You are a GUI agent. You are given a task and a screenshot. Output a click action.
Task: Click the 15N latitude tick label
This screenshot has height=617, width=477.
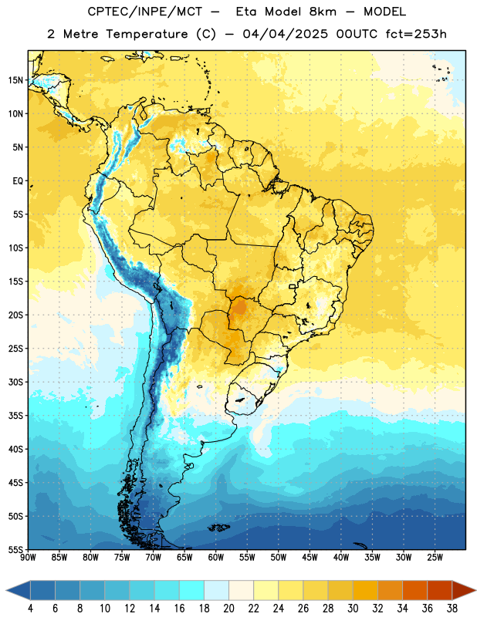click(15, 80)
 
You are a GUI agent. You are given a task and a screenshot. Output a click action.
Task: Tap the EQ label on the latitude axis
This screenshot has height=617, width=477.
click(18, 181)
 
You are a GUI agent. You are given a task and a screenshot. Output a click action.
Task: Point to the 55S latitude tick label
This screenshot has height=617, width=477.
click(15, 550)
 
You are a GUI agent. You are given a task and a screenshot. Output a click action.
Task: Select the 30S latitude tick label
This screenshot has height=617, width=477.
click(15, 382)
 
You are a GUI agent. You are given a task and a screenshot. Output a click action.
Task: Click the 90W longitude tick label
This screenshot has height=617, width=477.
click(28, 557)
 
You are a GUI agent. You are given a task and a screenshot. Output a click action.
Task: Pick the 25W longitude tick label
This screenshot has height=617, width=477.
click(435, 557)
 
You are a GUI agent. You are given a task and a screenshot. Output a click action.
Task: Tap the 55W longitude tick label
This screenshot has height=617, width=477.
click(247, 557)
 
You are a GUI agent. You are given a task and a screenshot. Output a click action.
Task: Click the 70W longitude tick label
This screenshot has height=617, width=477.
click(154, 557)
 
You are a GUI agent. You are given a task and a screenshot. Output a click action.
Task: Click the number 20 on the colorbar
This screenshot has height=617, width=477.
click(228, 609)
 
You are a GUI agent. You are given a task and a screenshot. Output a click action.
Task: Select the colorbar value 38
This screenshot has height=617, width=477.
click(452, 609)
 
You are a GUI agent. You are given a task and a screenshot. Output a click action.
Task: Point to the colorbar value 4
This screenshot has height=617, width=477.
click(30, 609)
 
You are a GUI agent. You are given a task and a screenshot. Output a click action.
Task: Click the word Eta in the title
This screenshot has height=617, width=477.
click(246, 12)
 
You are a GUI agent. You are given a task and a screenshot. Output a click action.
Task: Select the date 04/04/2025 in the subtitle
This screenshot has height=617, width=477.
click(285, 34)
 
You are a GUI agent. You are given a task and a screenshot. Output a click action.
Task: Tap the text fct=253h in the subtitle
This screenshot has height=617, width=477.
click(416, 34)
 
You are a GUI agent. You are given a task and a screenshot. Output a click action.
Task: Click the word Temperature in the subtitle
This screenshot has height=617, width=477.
click(147, 35)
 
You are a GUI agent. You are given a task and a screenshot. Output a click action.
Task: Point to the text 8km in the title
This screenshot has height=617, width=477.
click(323, 12)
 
